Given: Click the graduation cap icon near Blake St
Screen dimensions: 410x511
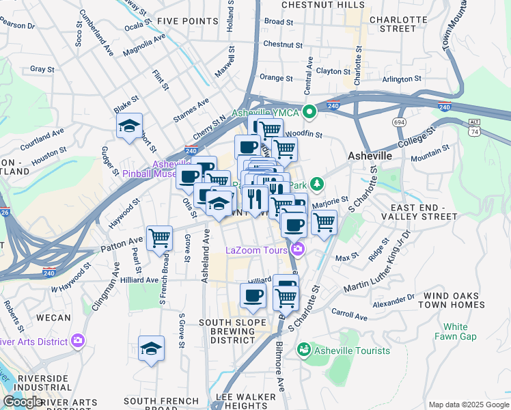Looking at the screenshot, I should click(x=129, y=126).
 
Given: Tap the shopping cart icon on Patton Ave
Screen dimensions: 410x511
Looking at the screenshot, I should click(x=159, y=238).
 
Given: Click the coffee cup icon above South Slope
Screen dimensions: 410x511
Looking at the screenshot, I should click(x=253, y=295).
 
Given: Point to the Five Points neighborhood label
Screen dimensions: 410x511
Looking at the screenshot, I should click(x=187, y=21).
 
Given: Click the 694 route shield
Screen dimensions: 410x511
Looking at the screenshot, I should click(x=400, y=122).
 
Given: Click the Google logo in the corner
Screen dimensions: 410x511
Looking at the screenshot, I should click(x=23, y=402).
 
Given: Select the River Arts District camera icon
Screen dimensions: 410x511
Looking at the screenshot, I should click(x=78, y=340).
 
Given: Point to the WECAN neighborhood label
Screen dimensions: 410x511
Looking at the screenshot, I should click(x=53, y=318).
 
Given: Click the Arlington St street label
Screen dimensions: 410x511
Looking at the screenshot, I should click(x=401, y=79).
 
